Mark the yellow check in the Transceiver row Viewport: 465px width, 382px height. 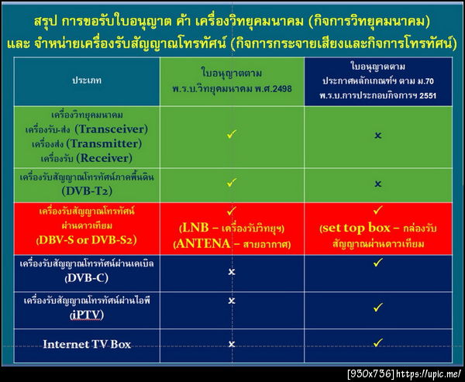(231, 135)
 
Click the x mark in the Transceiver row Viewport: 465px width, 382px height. (377, 135)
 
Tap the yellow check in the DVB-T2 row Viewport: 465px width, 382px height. (231, 184)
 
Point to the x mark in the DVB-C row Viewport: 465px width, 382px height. (231, 273)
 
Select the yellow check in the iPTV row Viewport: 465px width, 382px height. (377, 308)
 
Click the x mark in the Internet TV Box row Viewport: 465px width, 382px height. (231, 343)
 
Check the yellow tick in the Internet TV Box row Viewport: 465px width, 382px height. (377, 342)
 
